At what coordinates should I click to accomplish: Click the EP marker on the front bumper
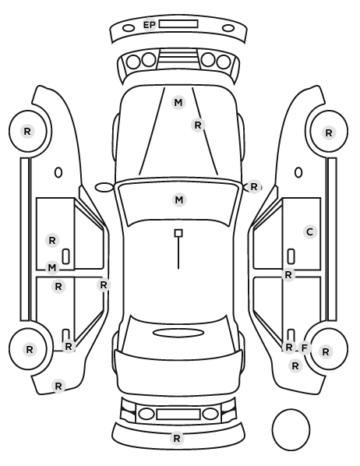click(x=150, y=25)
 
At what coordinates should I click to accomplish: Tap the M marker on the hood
click(x=178, y=103)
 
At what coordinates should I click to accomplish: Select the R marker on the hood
click(x=198, y=125)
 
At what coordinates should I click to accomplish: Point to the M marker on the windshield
click(x=179, y=200)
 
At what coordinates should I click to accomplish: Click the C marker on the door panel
click(x=310, y=231)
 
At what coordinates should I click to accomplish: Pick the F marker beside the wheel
click(x=304, y=348)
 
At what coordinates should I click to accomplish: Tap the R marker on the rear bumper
click(x=177, y=439)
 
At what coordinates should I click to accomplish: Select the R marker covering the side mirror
click(x=254, y=187)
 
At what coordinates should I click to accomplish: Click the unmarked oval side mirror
click(x=104, y=187)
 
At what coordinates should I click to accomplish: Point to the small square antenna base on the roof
click(x=178, y=233)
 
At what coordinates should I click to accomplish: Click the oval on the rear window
click(x=178, y=333)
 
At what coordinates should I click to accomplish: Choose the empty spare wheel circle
click(x=291, y=429)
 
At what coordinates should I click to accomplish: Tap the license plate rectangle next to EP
click(x=178, y=24)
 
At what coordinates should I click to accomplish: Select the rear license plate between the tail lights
click(x=178, y=415)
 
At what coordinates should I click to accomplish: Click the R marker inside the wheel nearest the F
click(x=326, y=352)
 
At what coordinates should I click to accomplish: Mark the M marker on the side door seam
click(x=52, y=268)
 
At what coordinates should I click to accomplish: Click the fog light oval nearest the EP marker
click(x=129, y=29)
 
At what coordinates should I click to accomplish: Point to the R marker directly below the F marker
click(x=295, y=366)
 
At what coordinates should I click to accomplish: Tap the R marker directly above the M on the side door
click(x=52, y=241)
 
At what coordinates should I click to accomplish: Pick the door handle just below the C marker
click(x=291, y=256)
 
